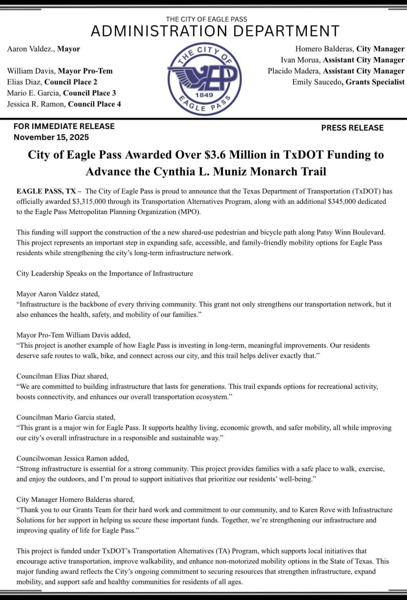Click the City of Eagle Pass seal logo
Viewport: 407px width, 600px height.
[204, 79]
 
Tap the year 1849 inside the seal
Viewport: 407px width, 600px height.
[204, 95]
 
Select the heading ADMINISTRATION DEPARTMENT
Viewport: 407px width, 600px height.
[215, 31]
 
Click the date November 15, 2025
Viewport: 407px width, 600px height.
[51, 137]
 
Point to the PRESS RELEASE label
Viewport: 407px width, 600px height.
[352, 128]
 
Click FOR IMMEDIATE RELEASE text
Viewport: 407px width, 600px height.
[64, 126]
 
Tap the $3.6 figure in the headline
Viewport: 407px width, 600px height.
[215, 155]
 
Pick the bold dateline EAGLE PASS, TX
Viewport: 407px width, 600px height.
[46, 191]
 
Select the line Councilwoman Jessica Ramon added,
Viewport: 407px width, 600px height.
[72, 458]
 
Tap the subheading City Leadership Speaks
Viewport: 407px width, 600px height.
[104, 273]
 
